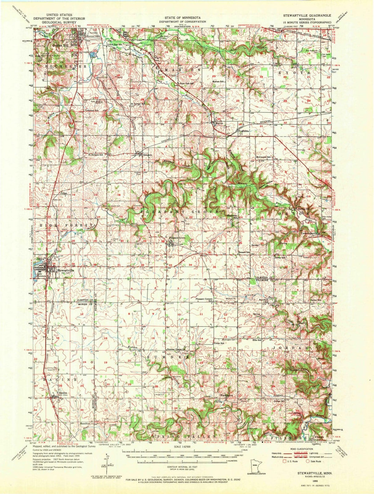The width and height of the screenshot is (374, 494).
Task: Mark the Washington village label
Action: [x=226, y=395]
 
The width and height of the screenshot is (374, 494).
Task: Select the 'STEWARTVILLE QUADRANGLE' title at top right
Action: [x=307, y=16]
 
